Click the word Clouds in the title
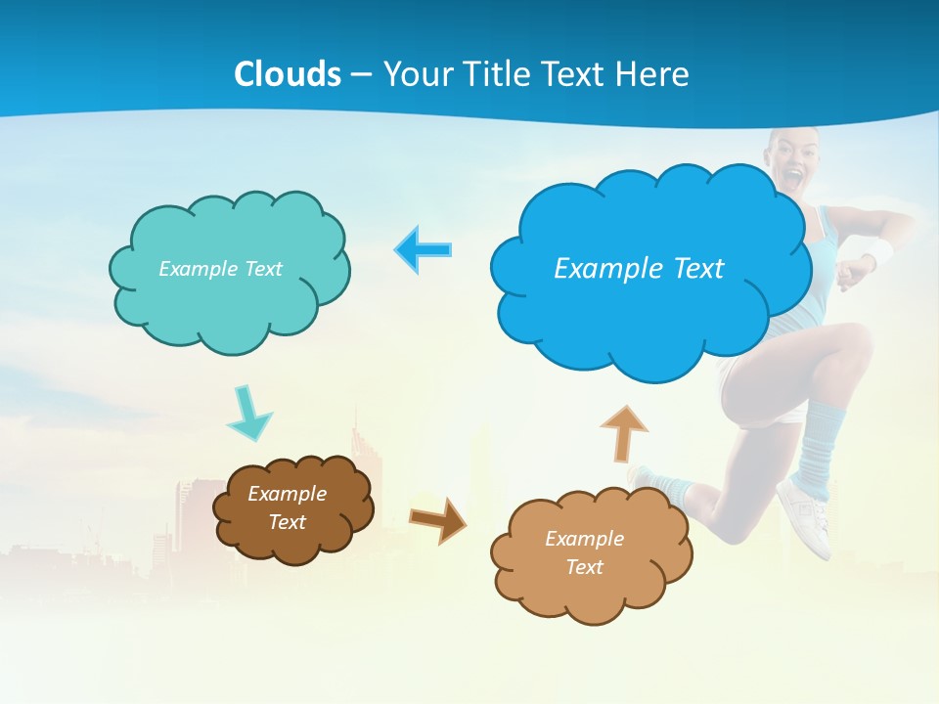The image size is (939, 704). [x=288, y=74]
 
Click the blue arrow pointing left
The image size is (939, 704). [x=424, y=250]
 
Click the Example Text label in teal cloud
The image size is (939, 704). [x=220, y=269]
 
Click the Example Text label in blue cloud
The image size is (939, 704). [x=639, y=269]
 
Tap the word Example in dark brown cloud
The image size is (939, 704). [x=287, y=494]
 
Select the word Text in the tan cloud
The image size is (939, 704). [x=584, y=567]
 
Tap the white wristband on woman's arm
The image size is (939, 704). [x=878, y=253]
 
